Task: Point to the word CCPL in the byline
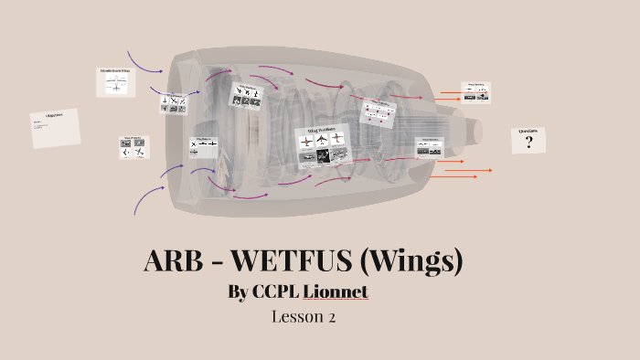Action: pyautogui.click(x=274, y=292)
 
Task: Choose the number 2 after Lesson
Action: pyautogui.click(x=331, y=318)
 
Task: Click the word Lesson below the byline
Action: pyautogui.click(x=297, y=318)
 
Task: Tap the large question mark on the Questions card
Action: pyautogui.click(x=528, y=143)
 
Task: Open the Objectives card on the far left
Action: pyautogui.click(x=55, y=128)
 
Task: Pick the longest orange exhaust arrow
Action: pyautogui.click(x=466, y=170)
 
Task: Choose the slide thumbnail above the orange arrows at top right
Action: pyautogui.click(x=475, y=91)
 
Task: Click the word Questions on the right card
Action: pyautogui.click(x=528, y=132)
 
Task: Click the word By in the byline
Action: pyautogui.click(x=240, y=292)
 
